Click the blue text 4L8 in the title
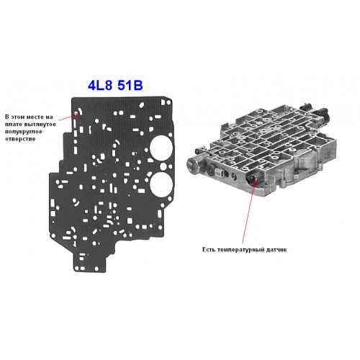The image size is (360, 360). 100,85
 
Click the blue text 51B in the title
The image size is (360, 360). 130,85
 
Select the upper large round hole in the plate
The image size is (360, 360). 161,148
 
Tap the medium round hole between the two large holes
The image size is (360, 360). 163,166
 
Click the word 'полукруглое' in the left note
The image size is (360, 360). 24,132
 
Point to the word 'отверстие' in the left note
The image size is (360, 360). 20,139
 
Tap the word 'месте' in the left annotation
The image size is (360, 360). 35,117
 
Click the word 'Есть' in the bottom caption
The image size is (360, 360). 209,250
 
